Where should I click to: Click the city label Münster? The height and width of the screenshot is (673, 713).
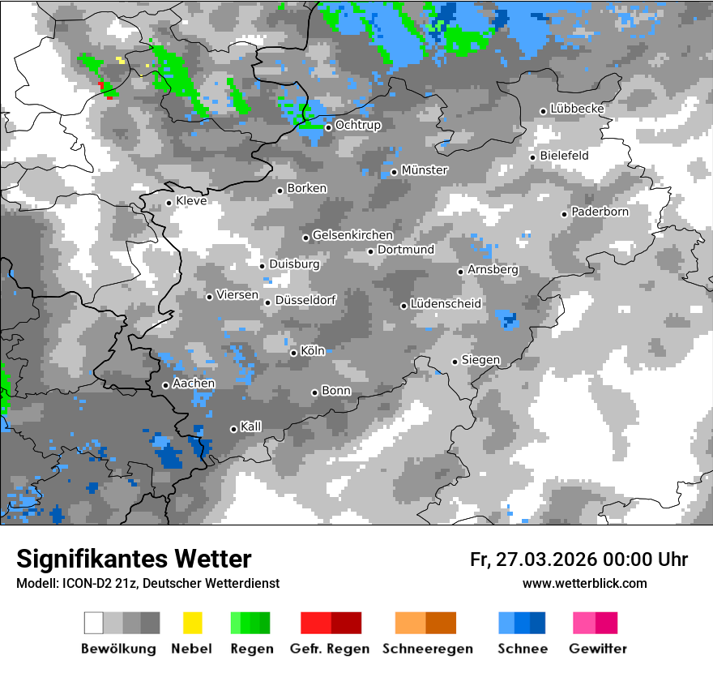point(424,170)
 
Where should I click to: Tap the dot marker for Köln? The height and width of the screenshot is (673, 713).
point(293,353)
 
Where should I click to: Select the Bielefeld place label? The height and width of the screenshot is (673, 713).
point(564,156)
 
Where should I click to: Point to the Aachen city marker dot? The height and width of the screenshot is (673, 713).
point(165,385)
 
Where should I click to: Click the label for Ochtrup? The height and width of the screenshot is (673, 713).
point(357,126)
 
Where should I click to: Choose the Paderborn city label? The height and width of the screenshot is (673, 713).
point(600,212)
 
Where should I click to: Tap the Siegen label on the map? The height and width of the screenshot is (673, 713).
point(480,360)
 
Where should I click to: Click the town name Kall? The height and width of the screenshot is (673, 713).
point(250,427)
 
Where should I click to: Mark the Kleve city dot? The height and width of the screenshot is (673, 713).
point(169,203)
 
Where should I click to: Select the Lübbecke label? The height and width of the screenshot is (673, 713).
point(577,109)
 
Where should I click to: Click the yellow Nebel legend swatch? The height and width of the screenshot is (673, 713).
point(192,623)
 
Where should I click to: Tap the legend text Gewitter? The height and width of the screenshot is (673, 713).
point(597,649)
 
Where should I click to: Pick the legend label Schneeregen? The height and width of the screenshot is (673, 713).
point(427,649)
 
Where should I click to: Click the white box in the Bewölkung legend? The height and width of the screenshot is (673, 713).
point(94,623)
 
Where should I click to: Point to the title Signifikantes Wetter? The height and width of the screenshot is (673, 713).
point(134,559)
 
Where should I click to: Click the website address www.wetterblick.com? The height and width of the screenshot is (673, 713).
point(584,584)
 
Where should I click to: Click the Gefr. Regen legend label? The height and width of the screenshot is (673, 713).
point(330,649)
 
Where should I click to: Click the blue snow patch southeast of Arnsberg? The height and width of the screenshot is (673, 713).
point(508,318)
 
